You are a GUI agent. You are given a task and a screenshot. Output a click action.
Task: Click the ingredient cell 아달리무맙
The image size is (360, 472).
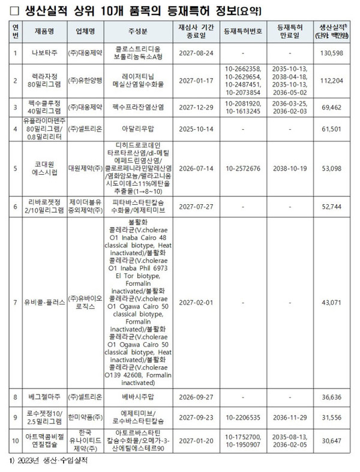(x=143, y=128)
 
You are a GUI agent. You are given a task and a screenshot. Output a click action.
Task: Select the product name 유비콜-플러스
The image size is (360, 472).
(x=46, y=302)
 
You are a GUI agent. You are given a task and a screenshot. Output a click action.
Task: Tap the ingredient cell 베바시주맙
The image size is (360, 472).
(x=143, y=397)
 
